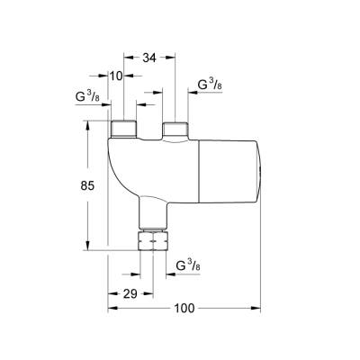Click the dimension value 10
click(114, 76)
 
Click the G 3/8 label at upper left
click(87, 98)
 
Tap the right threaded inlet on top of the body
click(174, 130)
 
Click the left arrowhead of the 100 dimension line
click(112, 309)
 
